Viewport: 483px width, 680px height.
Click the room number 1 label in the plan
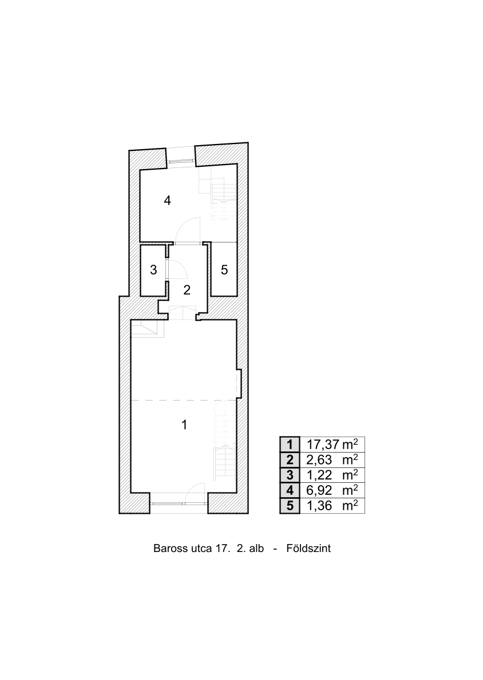(x=184, y=425)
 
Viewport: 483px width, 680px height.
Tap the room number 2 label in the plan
(x=187, y=290)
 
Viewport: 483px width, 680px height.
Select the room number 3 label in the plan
(x=153, y=270)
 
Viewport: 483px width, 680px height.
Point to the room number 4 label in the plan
(x=167, y=201)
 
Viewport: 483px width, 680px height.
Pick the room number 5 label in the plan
(x=224, y=270)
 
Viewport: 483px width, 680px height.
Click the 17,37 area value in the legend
(x=323, y=445)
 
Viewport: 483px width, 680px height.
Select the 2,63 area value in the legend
(x=319, y=459)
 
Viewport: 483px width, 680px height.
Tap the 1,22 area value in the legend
(x=319, y=475)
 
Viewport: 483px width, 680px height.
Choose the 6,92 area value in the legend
(x=319, y=490)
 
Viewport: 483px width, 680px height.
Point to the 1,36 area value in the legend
(x=319, y=506)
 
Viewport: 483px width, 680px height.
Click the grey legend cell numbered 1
(x=290, y=445)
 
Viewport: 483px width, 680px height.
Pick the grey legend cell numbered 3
(x=290, y=475)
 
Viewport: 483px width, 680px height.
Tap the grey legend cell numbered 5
(x=290, y=506)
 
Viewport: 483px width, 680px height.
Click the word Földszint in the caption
(x=308, y=548)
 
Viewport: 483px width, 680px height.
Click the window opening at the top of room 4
(x=181, y=161)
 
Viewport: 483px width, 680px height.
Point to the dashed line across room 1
(x=184, y=399)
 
